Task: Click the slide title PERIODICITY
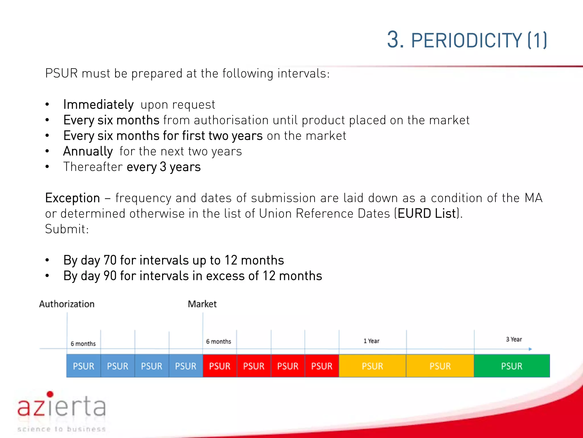466,40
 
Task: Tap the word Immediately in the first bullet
98,105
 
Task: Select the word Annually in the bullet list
88,151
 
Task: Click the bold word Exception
72,198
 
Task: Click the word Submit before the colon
65,229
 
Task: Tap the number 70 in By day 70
110,260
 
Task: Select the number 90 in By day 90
110,276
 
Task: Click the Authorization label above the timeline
67,304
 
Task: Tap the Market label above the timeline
202,304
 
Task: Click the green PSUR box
512,366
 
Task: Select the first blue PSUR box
83,366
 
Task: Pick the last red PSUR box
322,366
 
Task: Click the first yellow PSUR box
372,366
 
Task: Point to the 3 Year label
514,339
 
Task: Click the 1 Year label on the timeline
371,341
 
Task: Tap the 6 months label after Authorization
83,344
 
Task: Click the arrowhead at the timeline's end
530,349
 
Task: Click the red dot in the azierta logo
50,394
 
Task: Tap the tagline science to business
61,429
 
